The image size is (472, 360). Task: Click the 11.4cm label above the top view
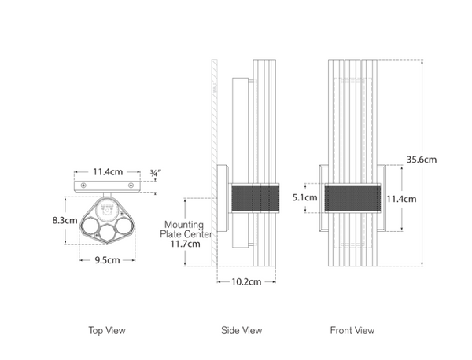point(108,171)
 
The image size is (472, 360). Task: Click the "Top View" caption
point(107,331)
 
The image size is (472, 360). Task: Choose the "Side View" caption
point(242,331)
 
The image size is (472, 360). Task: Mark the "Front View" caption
point(353,331)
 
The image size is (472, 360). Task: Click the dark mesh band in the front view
point(352,198)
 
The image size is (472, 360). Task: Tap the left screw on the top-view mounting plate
point(83,185)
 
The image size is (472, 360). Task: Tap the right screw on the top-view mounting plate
point(131,185)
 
